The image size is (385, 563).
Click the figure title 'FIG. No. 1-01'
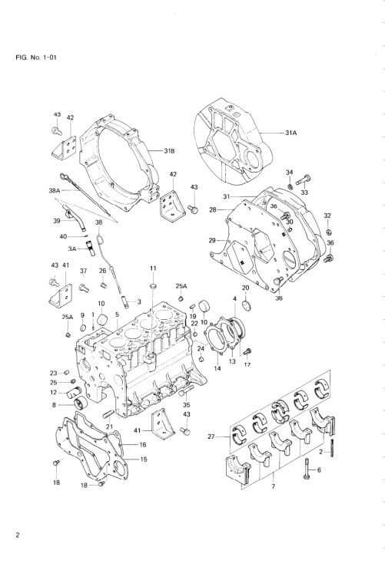coord(36,58)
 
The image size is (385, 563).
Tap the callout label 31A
coord(291,133)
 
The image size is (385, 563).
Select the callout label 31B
coord(169,151)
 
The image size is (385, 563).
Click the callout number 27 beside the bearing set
coord(212,436)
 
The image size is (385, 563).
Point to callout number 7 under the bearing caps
coord(274,486)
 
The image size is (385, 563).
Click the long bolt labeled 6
coord(307,469)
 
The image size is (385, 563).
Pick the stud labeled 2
coord(331,446)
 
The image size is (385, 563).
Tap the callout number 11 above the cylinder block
coord(153,268)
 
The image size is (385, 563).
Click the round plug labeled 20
coord(246,305)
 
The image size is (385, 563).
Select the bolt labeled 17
coord(247,351)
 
